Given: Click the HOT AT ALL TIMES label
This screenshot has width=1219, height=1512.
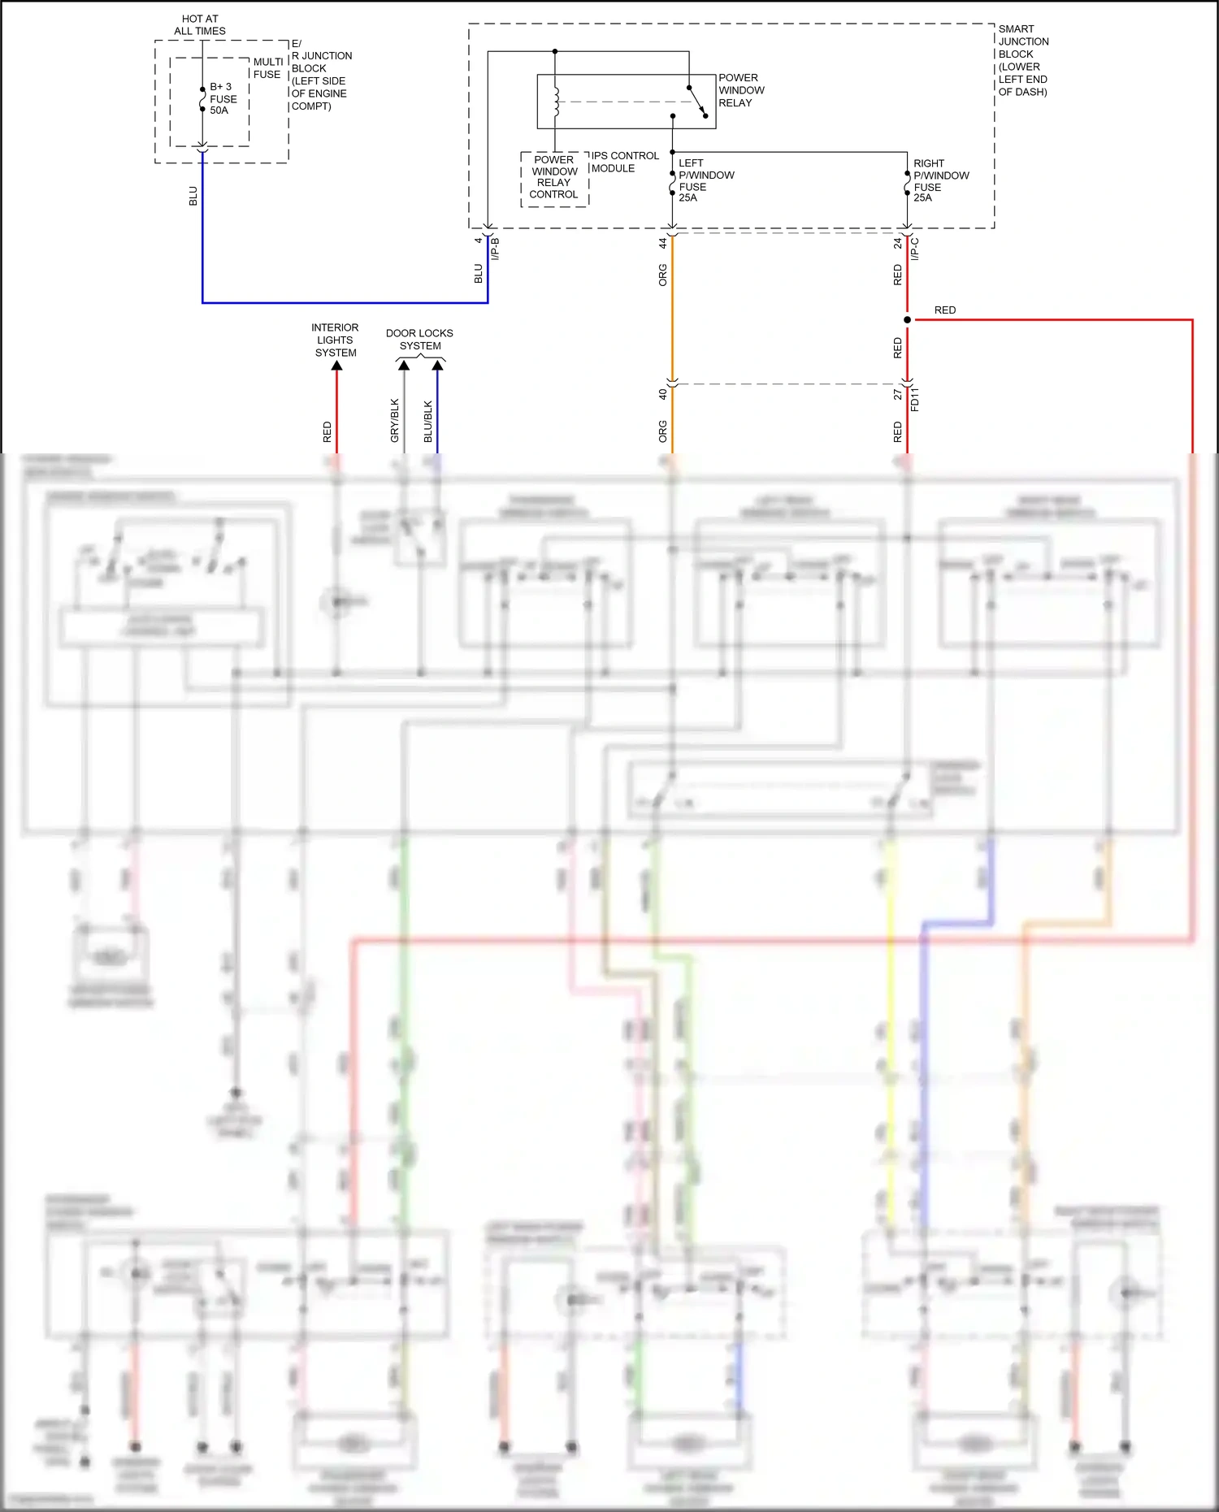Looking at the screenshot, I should coord(200,25).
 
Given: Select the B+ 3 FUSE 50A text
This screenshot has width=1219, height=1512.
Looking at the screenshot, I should coord(223,98).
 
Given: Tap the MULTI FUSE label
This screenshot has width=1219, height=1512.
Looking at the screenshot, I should coord(267,68).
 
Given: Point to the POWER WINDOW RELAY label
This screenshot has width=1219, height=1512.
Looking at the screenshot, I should coord(740,90).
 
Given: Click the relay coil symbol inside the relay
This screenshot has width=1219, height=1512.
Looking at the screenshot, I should coord(557,102).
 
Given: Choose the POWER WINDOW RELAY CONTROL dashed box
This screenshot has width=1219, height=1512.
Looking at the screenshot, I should coord(554,178).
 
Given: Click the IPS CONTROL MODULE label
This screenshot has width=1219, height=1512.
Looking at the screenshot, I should coord(624,162).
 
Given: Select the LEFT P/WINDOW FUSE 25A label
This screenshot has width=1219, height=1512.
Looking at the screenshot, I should coord(705,180).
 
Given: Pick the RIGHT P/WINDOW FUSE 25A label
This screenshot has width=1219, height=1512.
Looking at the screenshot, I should coord(940,180).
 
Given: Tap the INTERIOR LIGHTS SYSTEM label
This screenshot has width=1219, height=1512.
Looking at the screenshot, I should coord(335,340).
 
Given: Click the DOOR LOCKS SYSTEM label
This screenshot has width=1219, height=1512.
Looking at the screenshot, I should coord(419,340).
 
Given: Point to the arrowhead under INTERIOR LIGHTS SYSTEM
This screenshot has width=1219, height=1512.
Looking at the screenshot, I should coord(336,366).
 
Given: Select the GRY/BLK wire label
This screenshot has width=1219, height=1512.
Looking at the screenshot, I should coord(395,421).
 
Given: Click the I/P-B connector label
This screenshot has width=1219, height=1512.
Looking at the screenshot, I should coord(495,248).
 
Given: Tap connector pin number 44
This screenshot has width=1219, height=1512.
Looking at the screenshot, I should coord(663,242).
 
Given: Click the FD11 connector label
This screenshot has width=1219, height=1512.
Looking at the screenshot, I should coord(915,399).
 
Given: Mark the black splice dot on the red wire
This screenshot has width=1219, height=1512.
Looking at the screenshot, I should coord(907,319).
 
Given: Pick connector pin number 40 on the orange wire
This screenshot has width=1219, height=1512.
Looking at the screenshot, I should coord(663,393).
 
